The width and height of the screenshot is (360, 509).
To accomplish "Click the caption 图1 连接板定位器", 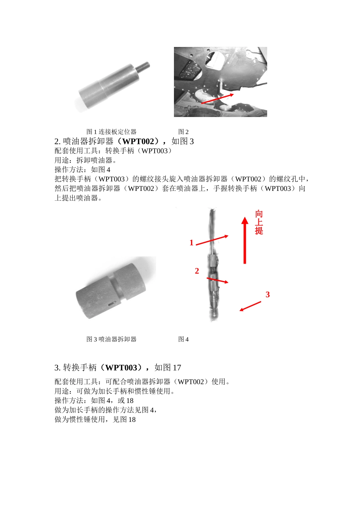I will pos(111,132).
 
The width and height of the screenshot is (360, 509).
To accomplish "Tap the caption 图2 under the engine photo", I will pos(183,132).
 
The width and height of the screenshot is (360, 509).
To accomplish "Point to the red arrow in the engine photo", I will pos(217,98).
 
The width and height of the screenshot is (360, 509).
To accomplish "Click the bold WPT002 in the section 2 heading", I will pos(138,141).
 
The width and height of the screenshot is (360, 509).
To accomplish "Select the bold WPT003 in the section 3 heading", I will pos(121,367).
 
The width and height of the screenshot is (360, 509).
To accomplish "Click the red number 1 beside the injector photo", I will pos(191,243).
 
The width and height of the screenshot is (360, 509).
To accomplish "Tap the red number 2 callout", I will pos(197,271).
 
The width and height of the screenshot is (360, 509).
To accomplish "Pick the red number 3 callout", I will pos(268,294).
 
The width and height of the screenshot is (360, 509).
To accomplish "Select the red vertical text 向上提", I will pos(259,222).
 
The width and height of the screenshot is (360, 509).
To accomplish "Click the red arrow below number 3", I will pos(250,306).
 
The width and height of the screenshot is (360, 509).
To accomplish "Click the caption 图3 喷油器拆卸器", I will pos(111,339).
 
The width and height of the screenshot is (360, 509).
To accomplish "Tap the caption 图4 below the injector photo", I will pos(183,339).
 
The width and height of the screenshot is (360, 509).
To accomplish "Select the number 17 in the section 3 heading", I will pos(177,367).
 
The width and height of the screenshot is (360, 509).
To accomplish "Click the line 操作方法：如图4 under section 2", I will pos(82,170).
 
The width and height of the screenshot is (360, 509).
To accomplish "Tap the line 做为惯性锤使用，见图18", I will pos(95,420).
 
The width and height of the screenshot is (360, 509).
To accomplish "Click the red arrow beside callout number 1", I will pos(212,240).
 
